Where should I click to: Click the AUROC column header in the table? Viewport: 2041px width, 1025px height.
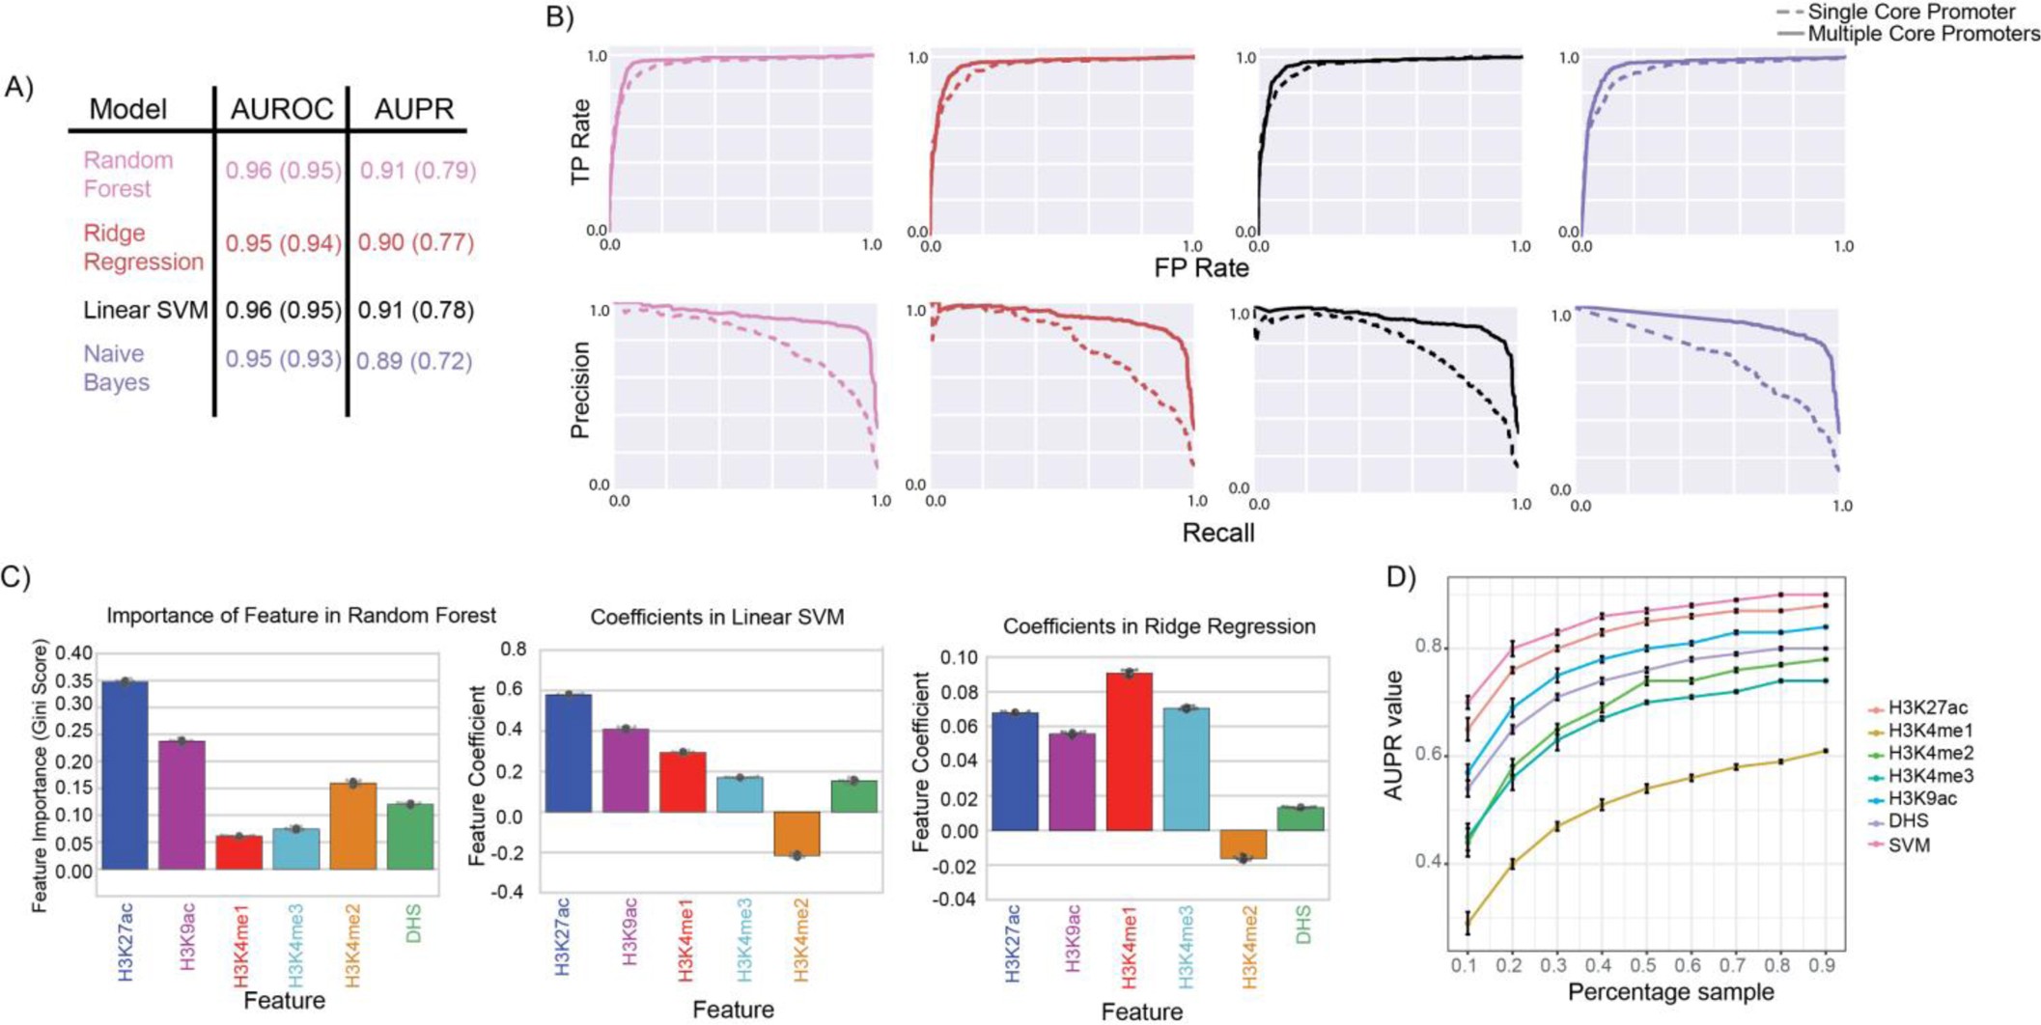[x=281, y=109]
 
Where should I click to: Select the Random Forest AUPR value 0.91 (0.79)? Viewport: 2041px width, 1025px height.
[x=417, y=171]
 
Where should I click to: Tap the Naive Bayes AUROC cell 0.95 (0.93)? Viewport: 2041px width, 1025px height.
[x=283, y=359]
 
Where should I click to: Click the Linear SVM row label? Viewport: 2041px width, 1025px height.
[x=145, y=310]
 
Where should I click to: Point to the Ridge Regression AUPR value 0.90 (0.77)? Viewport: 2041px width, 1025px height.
[x=416, y=242]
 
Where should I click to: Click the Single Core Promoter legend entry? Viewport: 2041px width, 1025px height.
[x=1907, y=13]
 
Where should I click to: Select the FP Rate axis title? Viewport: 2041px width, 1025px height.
[x=1201, y=267]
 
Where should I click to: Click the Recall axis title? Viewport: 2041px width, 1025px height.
[x=1217, y=532]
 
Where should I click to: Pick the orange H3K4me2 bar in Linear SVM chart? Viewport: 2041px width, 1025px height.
[x=797, y=833]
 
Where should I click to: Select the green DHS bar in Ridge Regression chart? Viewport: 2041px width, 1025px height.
[x=1300, y=818]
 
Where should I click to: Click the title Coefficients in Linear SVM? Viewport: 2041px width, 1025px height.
[x=716, y=617]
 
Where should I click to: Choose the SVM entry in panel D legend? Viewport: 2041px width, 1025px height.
[x=1909, y=845]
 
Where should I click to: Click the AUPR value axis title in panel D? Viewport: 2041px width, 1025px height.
[x=1394, y=735]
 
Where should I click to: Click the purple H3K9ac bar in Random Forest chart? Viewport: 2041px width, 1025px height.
[x=182, y=805]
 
